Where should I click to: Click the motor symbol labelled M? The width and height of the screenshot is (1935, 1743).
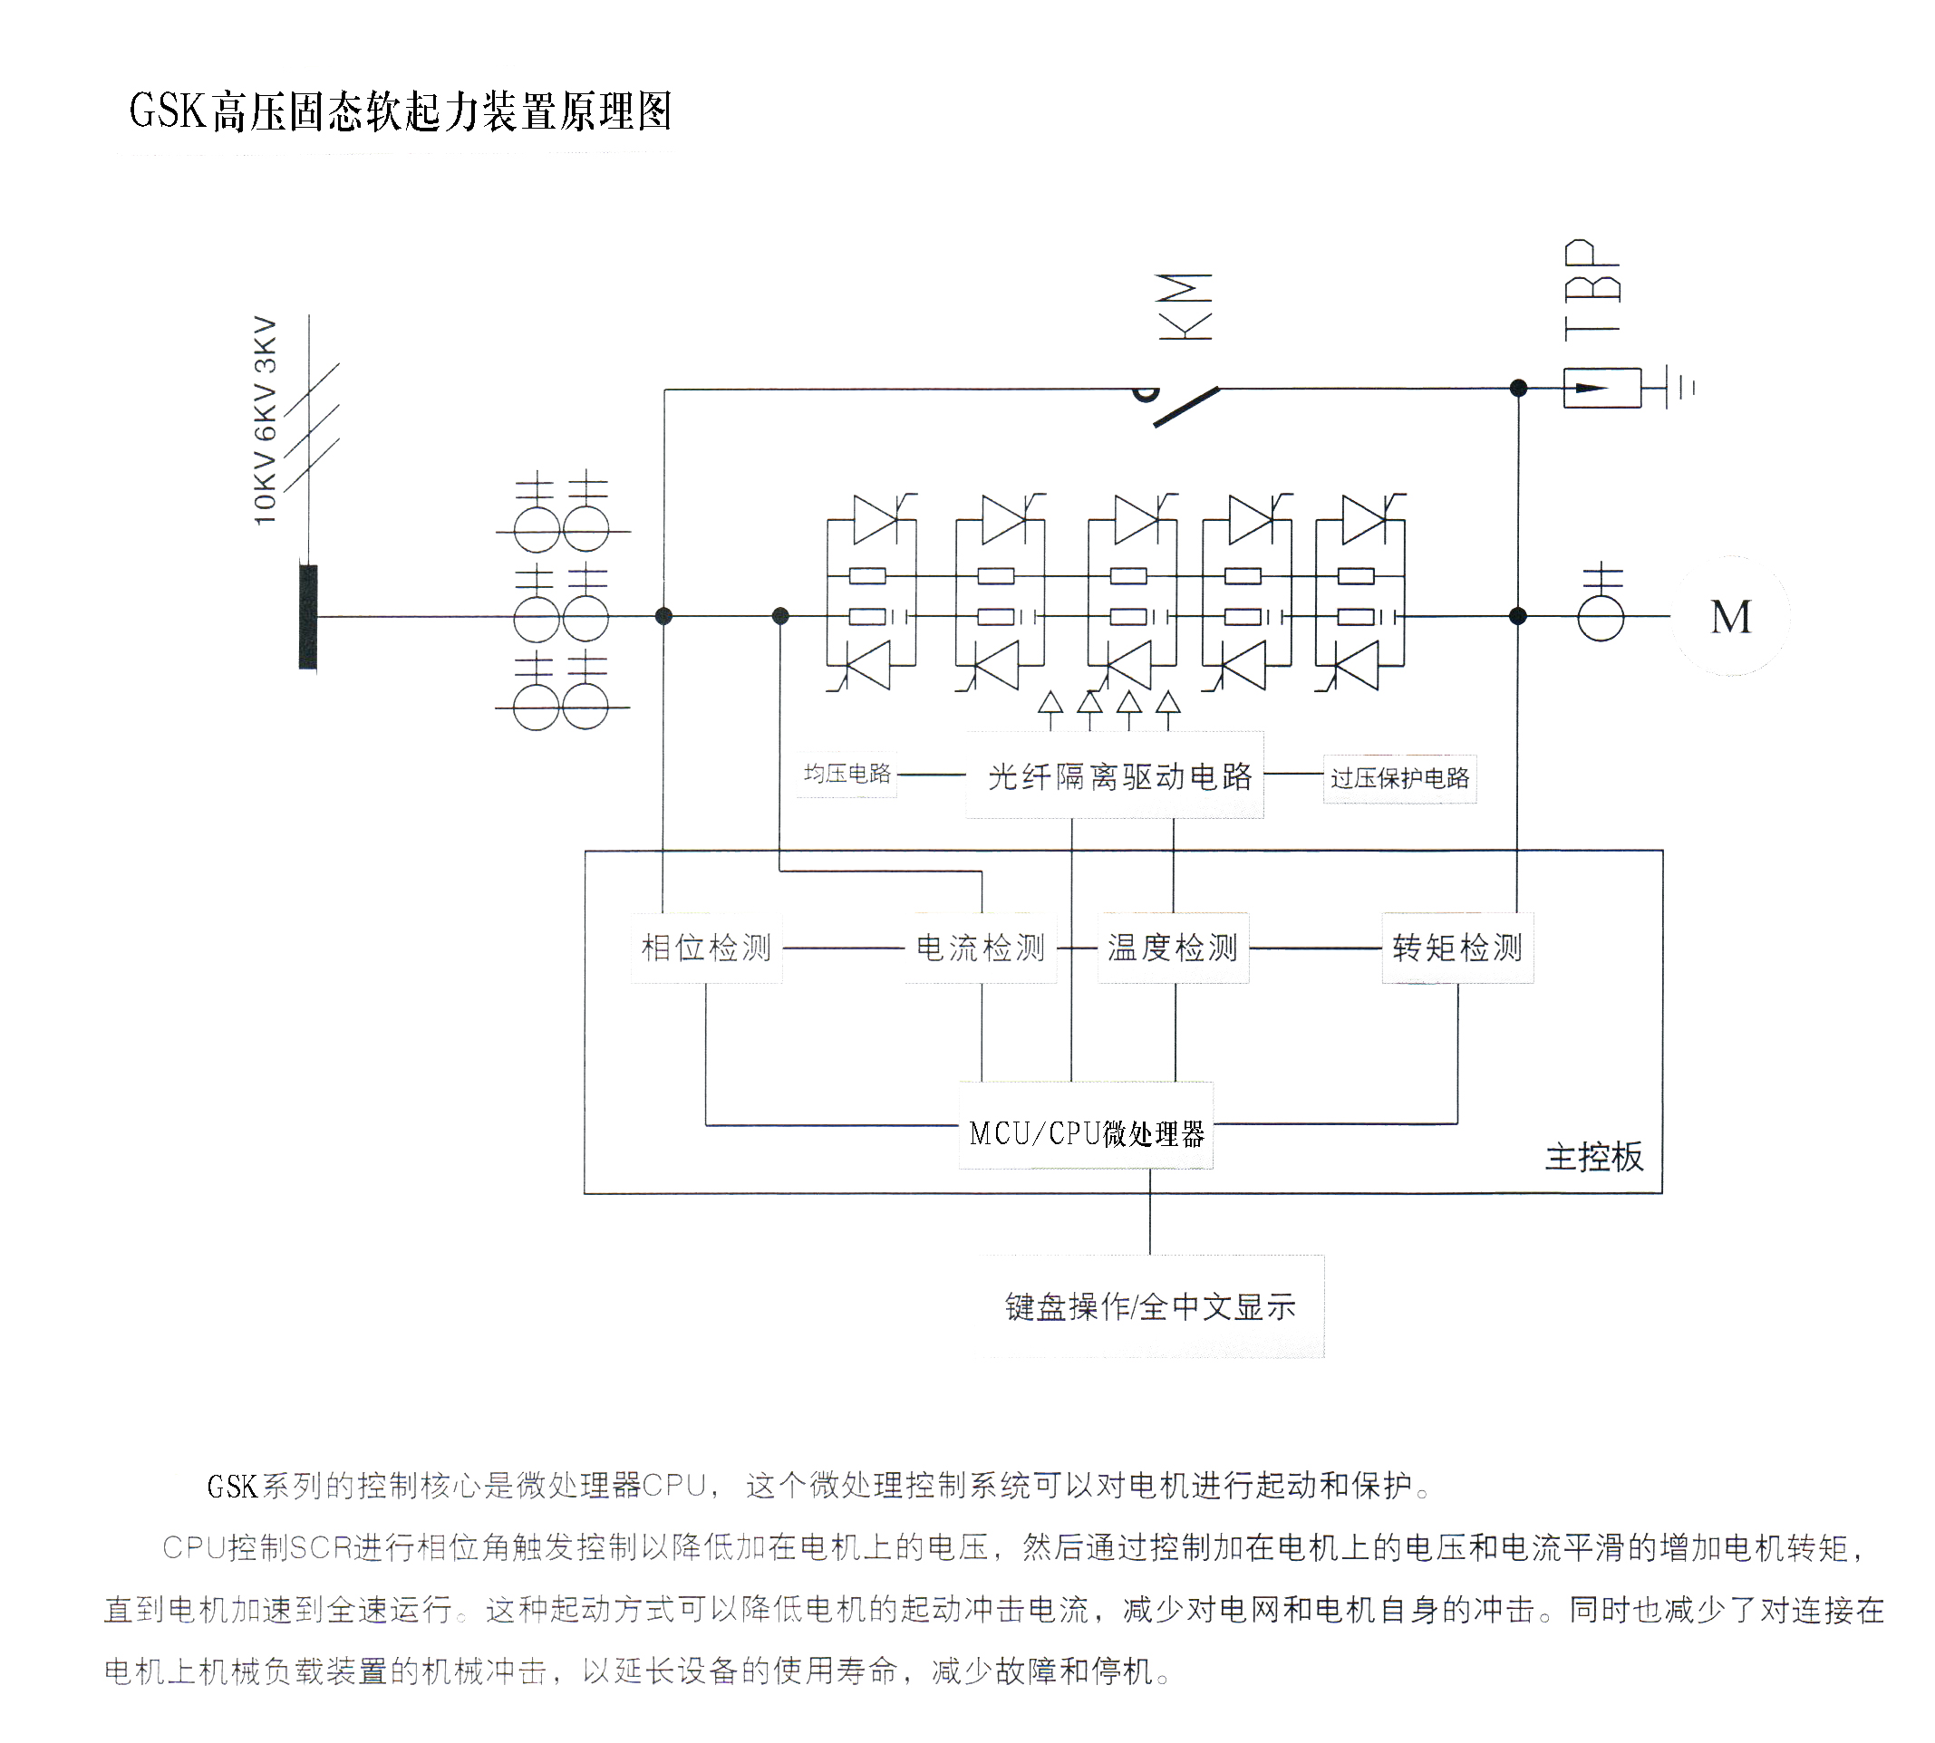tap(1730, 617)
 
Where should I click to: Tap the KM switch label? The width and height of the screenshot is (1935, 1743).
tap(1185, 306)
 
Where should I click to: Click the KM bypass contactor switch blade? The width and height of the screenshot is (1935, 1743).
tap(1185, 406)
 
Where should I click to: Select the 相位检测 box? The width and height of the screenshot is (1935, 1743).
tap(707, 949)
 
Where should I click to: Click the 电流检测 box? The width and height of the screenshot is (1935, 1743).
tap(980, 949)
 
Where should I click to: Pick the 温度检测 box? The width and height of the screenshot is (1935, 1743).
tap(1173, 949)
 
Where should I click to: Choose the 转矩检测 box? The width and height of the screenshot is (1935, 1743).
tap(1457, 949)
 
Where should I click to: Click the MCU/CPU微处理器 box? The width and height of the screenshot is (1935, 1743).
tap(1087, 1134)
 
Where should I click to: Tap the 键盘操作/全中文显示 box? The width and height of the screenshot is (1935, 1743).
tap(1150, 1306)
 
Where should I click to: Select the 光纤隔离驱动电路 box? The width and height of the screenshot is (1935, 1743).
tap(1118, 775)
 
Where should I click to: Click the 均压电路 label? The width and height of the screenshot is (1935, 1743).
tap(847, 774)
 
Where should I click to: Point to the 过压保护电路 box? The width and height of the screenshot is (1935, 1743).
tap(1399, 777)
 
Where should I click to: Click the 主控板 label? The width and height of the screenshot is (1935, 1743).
tap(1594, 1158)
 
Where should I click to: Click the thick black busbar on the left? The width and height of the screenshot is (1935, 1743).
tap(308, 617)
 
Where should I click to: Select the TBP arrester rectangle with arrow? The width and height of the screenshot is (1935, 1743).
tap(1601, 388)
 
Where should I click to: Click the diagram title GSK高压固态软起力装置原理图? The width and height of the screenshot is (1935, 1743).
tap(401, 111)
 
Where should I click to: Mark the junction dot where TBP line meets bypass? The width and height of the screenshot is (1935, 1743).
tap(1518, 388)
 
